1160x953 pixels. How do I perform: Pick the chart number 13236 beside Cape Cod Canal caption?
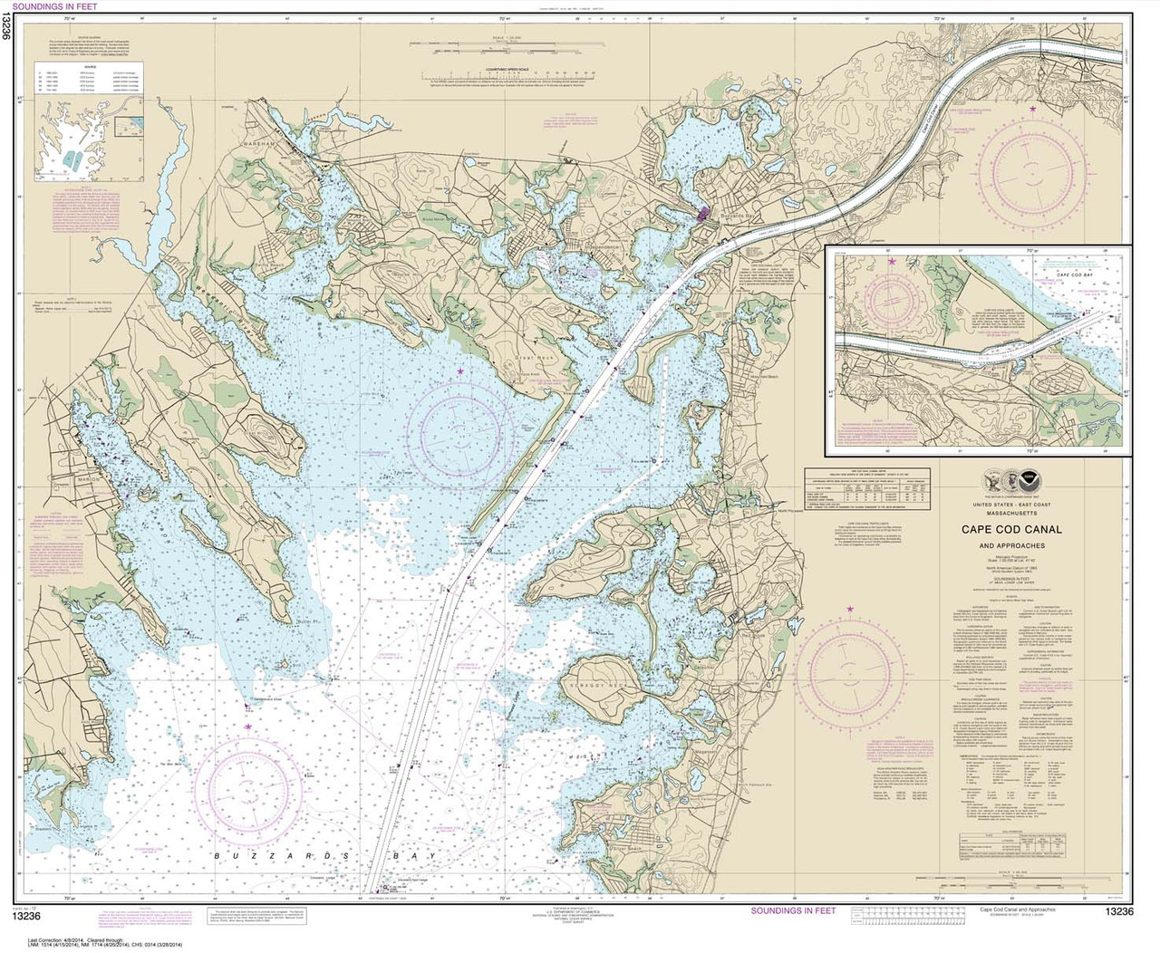pyautogui.click(x=1118, y=910)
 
